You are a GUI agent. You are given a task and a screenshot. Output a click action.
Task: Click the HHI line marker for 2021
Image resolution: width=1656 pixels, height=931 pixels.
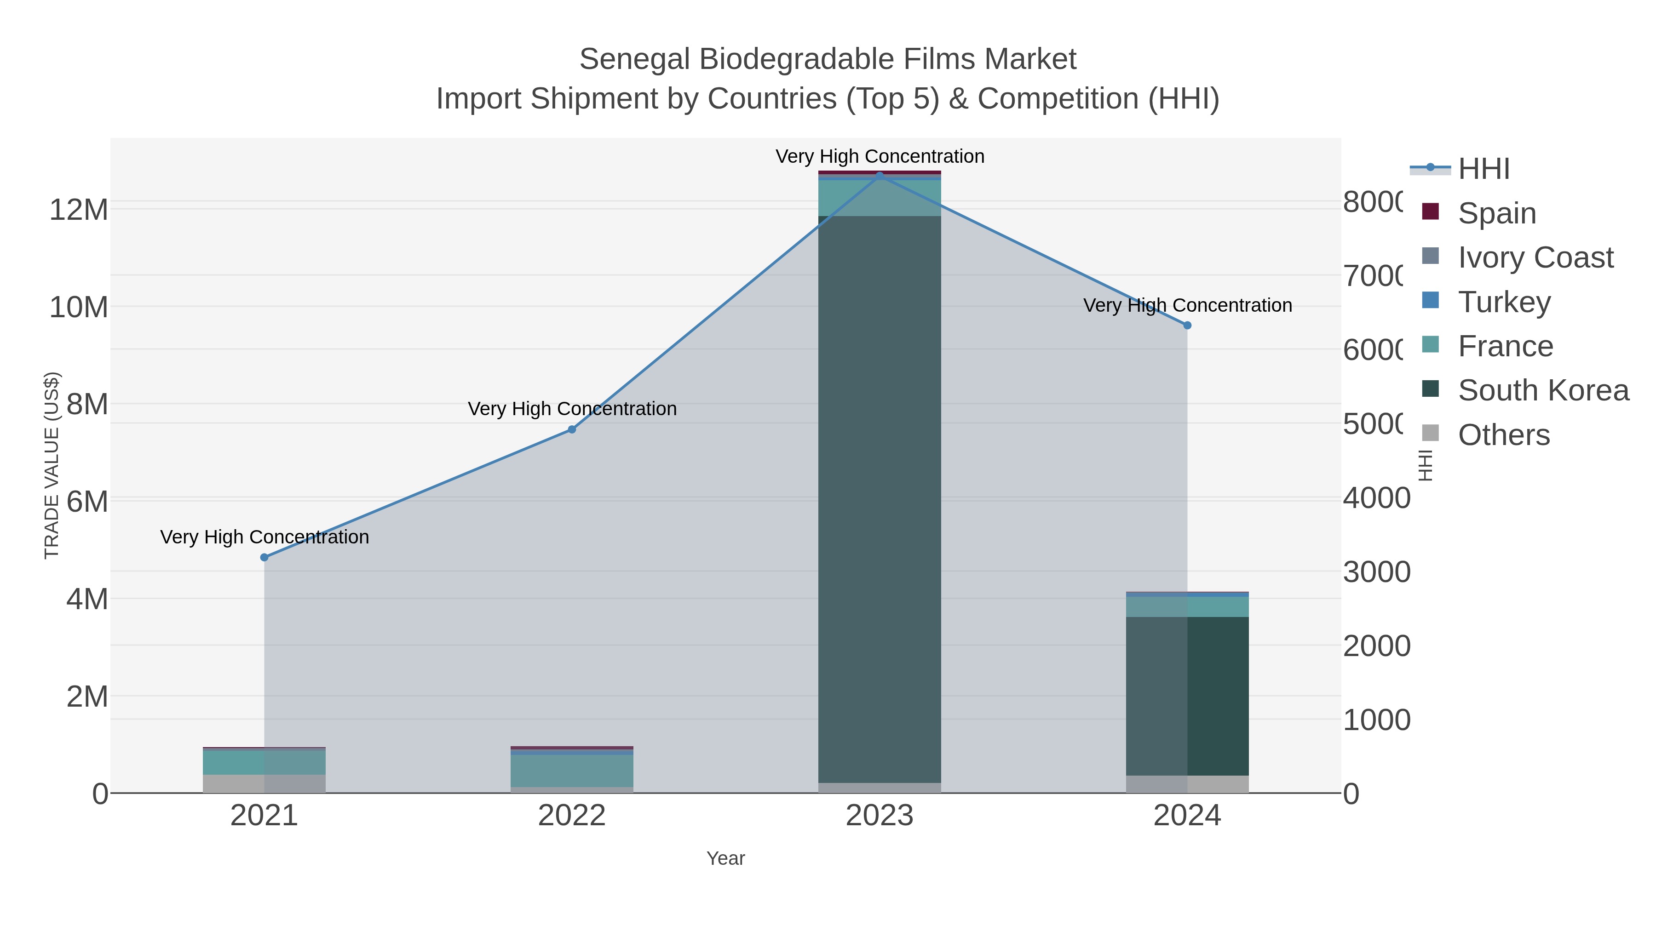(264, 558)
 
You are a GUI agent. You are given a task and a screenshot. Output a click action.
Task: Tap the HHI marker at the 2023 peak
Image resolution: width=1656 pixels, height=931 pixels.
(880, 176)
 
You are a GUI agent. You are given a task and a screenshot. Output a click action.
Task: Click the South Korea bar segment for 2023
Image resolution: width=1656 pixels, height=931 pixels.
(880, 501)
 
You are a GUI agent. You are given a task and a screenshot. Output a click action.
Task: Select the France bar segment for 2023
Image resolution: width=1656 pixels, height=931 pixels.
(880, 198)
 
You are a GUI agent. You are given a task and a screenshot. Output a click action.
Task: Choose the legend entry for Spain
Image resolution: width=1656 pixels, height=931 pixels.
(1496, 213)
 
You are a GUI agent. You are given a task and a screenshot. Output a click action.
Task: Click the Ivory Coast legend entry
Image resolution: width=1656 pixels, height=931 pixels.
(1535, 257)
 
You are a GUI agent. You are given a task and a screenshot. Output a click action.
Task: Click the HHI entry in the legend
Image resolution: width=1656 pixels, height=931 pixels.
(1483, 169)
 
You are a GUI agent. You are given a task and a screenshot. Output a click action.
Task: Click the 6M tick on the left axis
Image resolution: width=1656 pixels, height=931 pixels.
(87, 501)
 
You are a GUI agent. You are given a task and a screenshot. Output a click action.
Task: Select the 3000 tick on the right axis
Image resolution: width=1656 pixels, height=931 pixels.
(1376, 572)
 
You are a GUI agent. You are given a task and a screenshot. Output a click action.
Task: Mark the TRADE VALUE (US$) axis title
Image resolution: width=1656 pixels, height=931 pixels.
(52, 465)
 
